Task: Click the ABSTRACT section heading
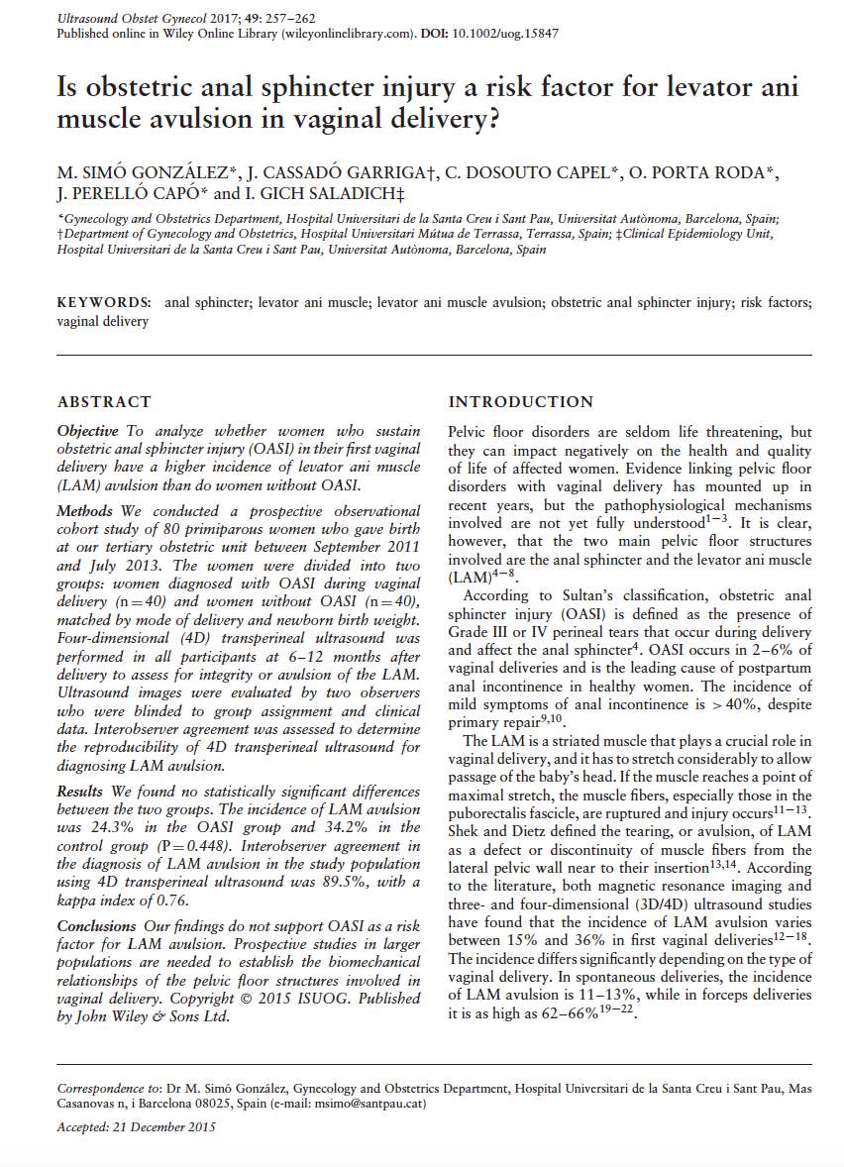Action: (104, 402)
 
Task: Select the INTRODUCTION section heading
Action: (520, 402)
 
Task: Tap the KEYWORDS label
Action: (104, 301)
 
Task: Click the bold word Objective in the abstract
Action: (87, 432)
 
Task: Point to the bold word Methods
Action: (85, 511)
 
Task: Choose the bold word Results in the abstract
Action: (80, 792)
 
